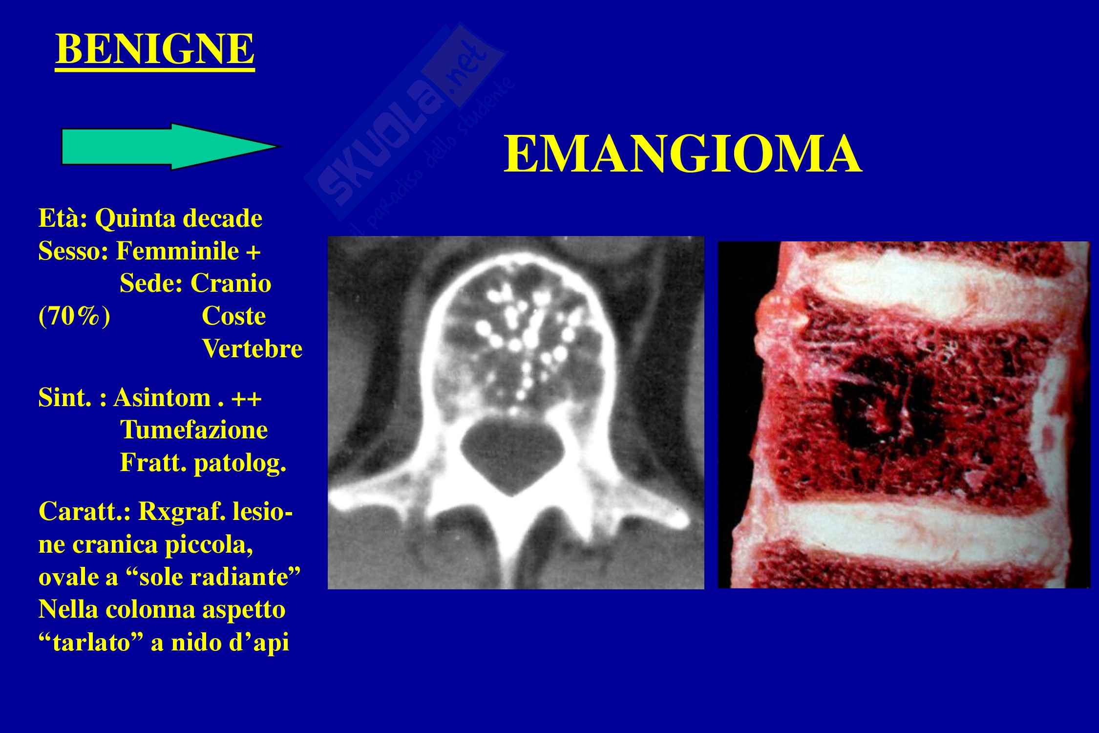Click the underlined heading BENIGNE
click(155, 50)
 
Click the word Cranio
click(231, 284)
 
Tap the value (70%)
click(74, 317)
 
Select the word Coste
click(233, 317)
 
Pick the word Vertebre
click(252, 349)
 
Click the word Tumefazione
click(194, 431)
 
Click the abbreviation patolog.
click(240, 464)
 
